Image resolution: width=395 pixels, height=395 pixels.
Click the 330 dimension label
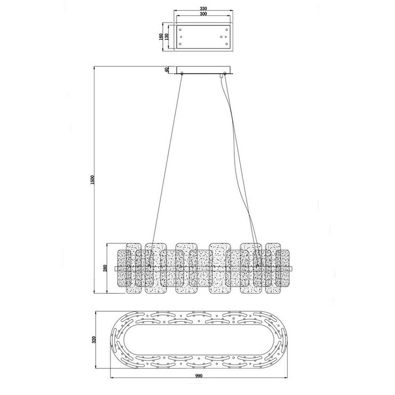pyautogui.click(x=203, y=9)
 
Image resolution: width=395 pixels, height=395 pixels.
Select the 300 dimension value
pyautogui.click(x=203, y=14)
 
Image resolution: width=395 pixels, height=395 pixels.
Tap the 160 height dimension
pyautogui.click(x=161, y=37)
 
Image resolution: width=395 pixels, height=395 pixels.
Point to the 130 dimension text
pyautogui.click(x=167, y=37)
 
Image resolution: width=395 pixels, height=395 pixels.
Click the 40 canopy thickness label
pyautogui.click(x=166, y=70)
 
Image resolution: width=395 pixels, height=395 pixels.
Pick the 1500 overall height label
pyautogui.click(x=92, y=180)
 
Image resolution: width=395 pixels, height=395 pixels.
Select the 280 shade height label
pyautogui.click(x=105, y=268)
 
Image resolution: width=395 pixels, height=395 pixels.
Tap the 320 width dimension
pyautogui.click(x=94, y=339)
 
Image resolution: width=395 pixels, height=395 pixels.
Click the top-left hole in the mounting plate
pyautogui.click(x=180, y=29)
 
